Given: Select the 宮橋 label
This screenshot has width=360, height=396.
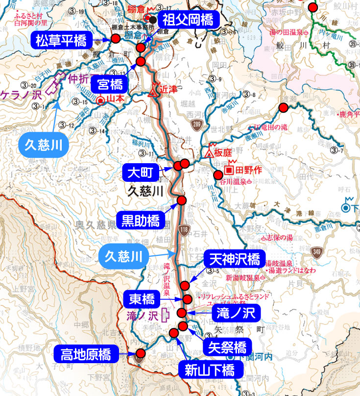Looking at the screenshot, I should tap(110, 85).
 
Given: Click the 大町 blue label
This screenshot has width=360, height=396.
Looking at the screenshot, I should tap(141, 173).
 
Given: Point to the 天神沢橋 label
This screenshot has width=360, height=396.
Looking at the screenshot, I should tap(234, 259).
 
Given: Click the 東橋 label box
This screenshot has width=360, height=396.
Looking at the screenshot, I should tap(142, 298).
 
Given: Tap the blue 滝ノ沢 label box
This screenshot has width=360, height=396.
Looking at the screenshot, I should tap(232, 313).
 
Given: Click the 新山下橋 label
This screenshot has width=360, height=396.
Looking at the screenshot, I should tap(214, 370).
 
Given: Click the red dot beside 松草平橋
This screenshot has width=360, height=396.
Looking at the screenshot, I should tap(116, 39).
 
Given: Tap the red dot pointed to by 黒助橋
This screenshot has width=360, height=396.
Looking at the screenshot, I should tap(182, 200).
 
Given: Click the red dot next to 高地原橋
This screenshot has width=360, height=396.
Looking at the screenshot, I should tap(141, 353).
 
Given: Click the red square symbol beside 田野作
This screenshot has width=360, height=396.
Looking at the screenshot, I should tap(229, 170).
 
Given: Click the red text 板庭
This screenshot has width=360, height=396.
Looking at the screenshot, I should tap(222, 153).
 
